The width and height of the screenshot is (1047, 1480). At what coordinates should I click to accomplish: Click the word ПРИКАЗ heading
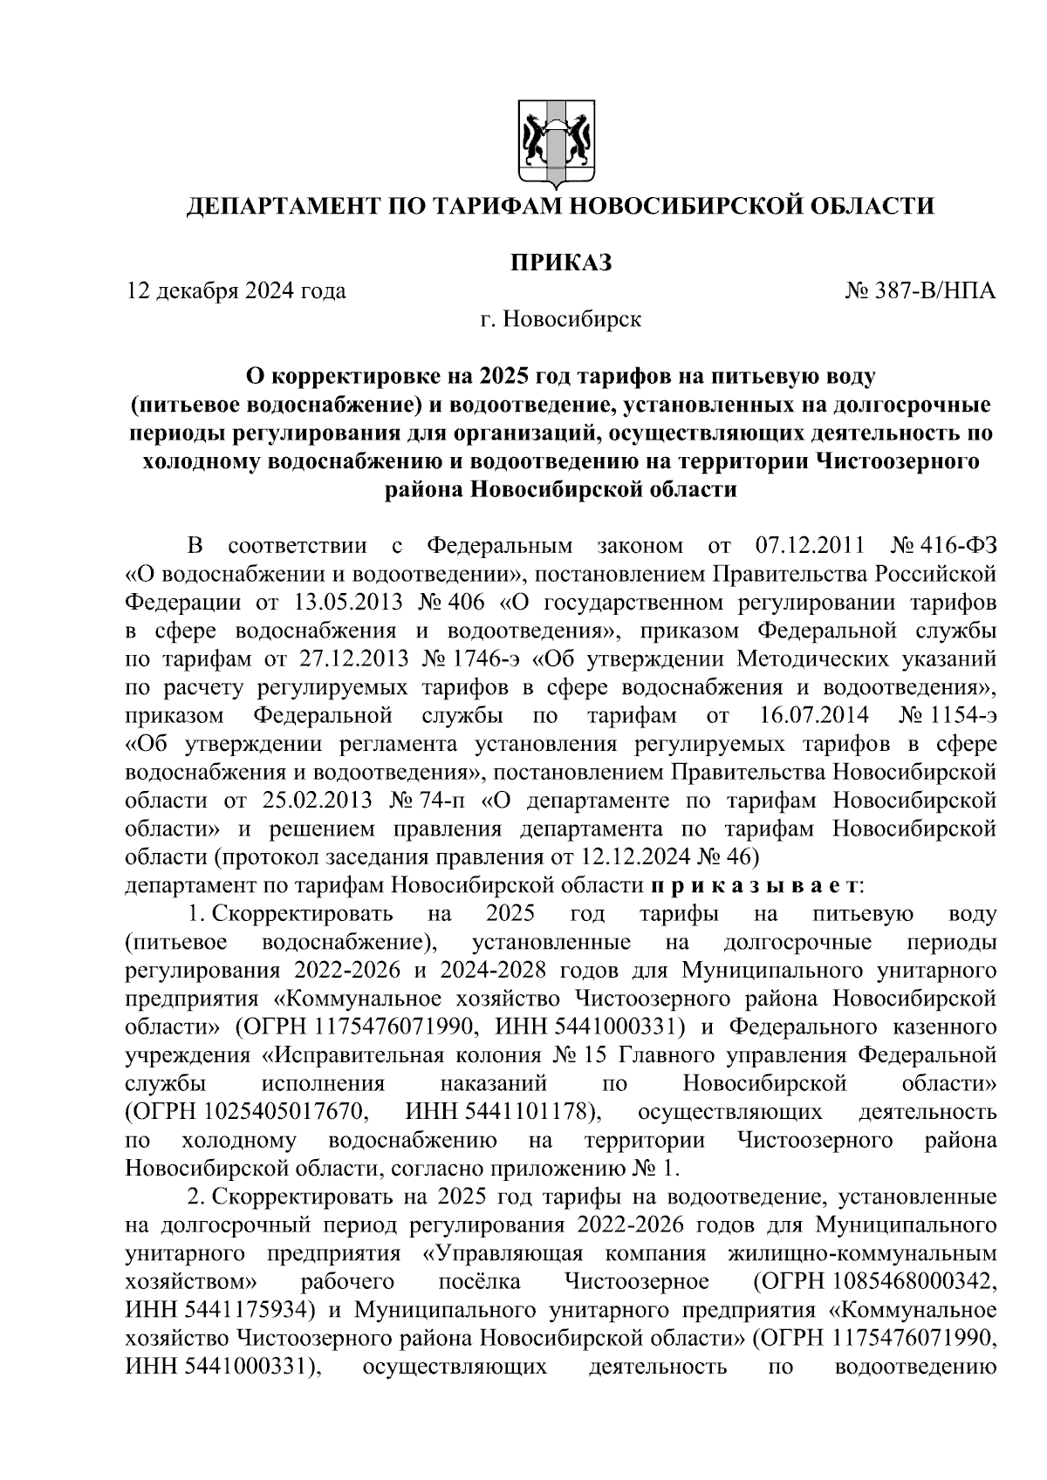click(559, 262)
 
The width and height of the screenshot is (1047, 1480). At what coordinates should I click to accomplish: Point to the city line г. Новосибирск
click(559, 319)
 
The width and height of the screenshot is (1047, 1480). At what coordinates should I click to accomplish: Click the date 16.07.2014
click(809, 717)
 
